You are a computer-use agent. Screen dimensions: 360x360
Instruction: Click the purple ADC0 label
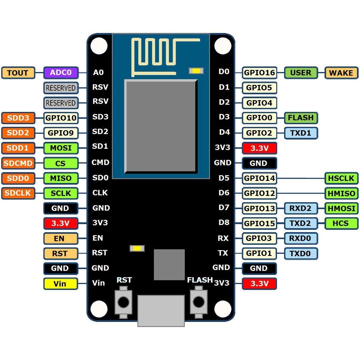(61, 73)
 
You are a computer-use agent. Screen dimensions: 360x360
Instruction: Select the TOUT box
(18, 73)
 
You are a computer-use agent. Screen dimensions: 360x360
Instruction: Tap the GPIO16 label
(259, 73)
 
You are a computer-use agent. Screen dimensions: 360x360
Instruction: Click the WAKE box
(341, 73)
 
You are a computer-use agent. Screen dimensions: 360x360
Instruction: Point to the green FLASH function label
(301, 118)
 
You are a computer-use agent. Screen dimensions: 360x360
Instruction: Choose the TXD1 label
(301, 133)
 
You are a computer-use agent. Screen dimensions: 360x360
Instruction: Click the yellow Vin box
(61, 284)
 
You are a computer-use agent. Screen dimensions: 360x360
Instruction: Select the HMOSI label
(341, 208)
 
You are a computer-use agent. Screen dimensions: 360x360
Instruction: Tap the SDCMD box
(18, 163)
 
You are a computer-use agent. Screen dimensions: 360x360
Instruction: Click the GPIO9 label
(61, 133)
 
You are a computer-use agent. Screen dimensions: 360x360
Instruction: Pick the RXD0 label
(301, 238)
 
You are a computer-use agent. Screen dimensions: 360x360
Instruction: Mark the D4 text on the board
(224, 132)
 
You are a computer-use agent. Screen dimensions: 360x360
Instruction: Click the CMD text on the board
(100, 162)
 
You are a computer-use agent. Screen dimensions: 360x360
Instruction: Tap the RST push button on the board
(123, 302)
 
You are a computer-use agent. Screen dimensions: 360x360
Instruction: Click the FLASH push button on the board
(199, 302)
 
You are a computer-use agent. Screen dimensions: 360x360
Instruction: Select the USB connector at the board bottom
(161, 311)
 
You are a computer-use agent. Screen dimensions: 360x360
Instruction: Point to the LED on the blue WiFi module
(196, 71)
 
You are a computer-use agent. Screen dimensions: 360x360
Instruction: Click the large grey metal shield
(161, 127)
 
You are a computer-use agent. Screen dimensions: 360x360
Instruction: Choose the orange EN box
(61, 238)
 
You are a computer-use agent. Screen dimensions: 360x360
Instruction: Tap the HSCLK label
(341, 178)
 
